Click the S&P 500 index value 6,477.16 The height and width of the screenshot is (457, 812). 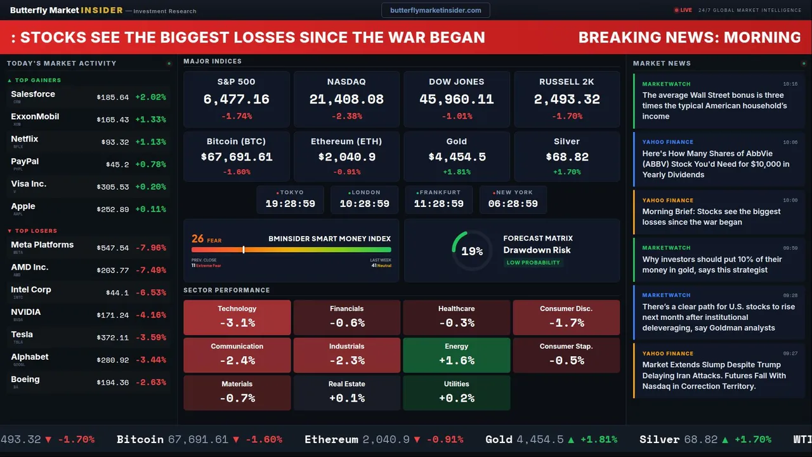point(236,100)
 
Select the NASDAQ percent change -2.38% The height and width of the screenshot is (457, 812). point(346,116)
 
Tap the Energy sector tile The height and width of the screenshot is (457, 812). point(457,354)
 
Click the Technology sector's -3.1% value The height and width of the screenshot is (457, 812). point(237,322)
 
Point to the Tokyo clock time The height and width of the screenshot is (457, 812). point(290,204)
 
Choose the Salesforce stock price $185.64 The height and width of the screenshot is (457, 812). point(113,98)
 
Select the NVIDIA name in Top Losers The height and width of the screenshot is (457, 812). point(26,312)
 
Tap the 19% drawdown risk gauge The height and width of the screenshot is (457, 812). point(472,251)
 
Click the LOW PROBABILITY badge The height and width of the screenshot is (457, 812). point(533,263)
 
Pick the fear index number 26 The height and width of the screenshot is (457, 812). point(198,239)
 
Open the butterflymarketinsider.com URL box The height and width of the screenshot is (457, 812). point(436,10)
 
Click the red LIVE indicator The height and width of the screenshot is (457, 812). point(683,10)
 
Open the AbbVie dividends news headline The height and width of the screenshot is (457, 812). point(716,164)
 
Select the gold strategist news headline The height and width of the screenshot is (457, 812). point(712,265)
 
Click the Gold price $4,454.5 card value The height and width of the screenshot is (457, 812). point(457,157)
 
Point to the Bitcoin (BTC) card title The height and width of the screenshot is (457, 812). point(236,142)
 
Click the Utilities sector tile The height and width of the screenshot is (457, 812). point(457,392)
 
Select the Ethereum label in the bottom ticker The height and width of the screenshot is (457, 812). point(331,439)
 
